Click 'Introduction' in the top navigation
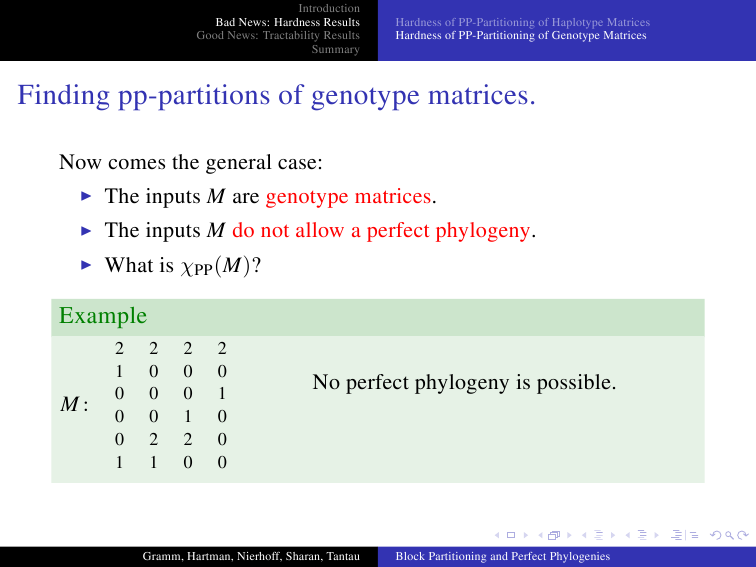tap(329, 8)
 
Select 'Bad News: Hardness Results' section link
tap(287, 22)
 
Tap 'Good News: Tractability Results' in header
tap(278, 35)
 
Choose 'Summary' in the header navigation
tap(336, 49)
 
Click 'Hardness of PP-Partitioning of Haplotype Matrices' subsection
tap(523, 22)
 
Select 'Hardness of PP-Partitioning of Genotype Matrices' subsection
tap(521, 35)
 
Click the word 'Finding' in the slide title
tap(64, 95)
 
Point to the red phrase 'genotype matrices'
tap(348, 197)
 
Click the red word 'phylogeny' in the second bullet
tap(482, 231)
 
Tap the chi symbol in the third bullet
tap(187, 267)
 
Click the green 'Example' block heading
tap(103, 316)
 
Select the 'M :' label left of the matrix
tap(74, 404)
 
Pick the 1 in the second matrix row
tap(119, 371)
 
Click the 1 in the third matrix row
tap(222, 394)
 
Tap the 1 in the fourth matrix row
tap(188, 417)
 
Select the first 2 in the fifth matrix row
tap(153, 439)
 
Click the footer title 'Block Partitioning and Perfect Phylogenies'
tap(503, 556)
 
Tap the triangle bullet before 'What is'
tap(86, 265)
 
